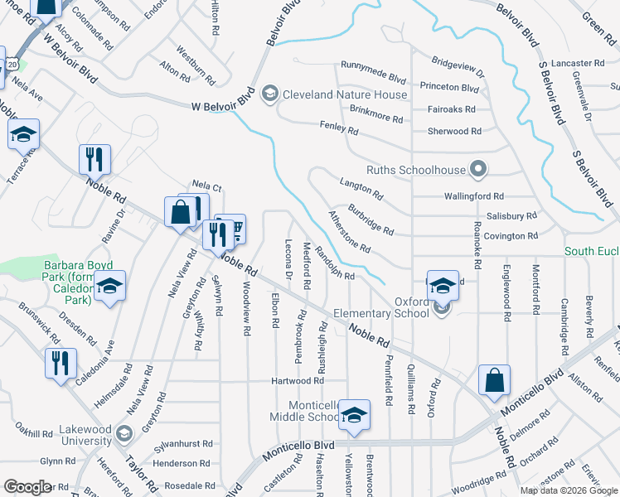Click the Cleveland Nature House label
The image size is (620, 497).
(345, 94)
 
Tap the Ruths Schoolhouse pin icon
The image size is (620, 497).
(477, 169)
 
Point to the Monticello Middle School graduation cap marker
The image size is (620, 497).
(354, 417)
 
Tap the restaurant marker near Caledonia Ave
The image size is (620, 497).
(61, 364)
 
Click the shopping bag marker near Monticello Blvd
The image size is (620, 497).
(494, 381)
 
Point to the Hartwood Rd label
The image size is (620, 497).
(297, 381)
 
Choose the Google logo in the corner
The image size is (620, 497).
(28, 487)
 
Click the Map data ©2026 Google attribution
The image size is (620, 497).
(569, 490)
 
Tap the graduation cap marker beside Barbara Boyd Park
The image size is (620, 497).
(109, 288)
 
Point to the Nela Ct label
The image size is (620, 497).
(207, 187)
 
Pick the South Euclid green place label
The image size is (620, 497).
(592, 251)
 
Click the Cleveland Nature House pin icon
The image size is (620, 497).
(269, 94)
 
